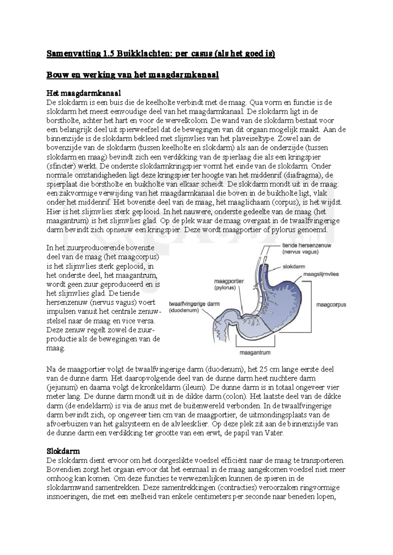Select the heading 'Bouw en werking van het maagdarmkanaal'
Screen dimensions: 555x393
click(x=132, y=75)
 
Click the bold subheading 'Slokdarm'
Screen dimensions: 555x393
click(x=63, y=451)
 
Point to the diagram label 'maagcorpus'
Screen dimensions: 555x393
click(x=331, y=305)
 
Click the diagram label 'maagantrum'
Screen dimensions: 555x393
click(x=255, y=353)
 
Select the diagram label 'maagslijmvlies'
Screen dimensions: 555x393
click(x=321, y=274)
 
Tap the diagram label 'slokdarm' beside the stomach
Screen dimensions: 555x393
click(x=294, y=267)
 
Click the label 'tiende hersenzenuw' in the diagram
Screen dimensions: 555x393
click(x=306, y=245)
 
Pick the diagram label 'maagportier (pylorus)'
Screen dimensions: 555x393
click(x=229, y=284)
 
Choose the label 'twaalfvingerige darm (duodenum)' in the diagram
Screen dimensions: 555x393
click(x=194, y=307)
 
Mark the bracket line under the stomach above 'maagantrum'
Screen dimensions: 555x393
click(x=255, y=346)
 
